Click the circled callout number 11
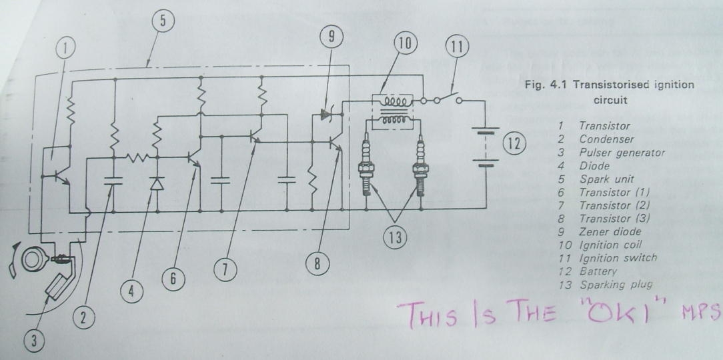tap(458, 47)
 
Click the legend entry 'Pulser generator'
tap(622, 153)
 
